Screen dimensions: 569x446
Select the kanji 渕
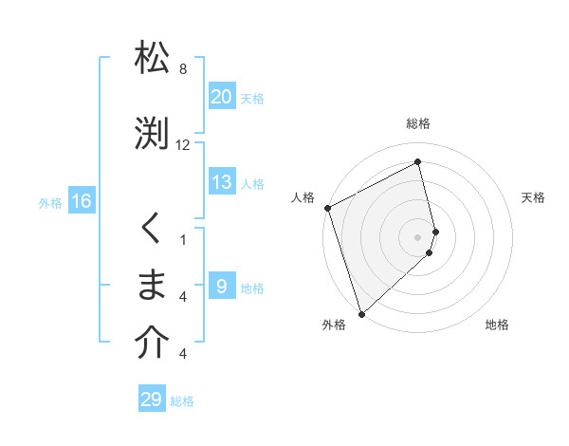click(152, 133)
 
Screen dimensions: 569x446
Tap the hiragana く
click(152, 229)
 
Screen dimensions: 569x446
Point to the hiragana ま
click(152, 284)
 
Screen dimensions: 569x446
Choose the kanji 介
click(152, 344)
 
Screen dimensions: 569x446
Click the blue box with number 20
click(222, 96)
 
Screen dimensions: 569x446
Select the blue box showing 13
click(222, 183)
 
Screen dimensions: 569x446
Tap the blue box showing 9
click(222, 286)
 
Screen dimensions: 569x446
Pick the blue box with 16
click(82, 200)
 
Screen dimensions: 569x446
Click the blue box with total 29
click(152, 400)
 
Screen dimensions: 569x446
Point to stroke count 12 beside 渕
click(183, 145)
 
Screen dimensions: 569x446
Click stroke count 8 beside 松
click(183, 69)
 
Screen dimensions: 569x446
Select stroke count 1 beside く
click(183, 239)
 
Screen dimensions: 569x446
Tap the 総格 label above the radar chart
click(418, 123)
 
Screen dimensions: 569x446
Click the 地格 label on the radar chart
click(497, 325)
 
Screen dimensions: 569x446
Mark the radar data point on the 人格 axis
click(327, 208)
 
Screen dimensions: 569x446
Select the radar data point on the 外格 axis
click(360, 313)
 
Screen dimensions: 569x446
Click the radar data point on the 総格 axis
click(418, 162)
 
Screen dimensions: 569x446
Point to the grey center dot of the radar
click(418, 236)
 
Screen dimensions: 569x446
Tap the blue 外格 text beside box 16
click(49, 202)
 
